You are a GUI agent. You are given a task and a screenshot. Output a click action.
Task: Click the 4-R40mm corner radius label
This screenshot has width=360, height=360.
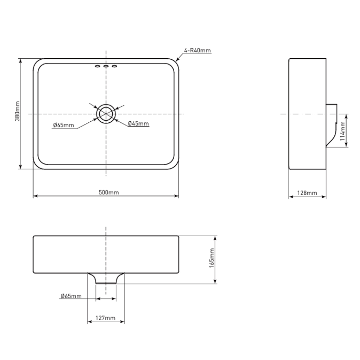point(197,50)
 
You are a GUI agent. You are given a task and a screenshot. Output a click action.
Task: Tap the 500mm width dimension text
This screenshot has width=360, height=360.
point(109,192)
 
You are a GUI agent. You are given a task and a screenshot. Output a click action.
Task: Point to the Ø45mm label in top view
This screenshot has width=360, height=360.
point(138,124)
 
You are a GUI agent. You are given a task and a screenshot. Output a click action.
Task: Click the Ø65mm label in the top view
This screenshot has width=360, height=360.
point(63,125)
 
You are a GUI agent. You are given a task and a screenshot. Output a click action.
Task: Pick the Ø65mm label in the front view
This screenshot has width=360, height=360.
point(71,296)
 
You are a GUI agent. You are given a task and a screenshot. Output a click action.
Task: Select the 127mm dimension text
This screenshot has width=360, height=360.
point(106,318)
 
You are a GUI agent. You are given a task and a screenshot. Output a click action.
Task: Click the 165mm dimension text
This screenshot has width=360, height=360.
point(212,258)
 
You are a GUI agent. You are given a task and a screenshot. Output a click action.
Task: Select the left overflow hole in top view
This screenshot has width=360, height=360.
point(97,67)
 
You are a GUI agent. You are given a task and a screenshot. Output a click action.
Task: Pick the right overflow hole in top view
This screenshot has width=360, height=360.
point(115,67)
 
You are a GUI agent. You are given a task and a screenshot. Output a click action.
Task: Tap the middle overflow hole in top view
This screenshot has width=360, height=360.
point(106,67)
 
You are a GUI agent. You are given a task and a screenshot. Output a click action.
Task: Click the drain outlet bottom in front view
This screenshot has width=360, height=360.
point(106,284)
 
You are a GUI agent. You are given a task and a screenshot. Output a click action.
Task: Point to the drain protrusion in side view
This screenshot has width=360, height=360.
point(332,125)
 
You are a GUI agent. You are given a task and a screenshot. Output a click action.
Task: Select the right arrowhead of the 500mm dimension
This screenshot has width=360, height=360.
point(176,197)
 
